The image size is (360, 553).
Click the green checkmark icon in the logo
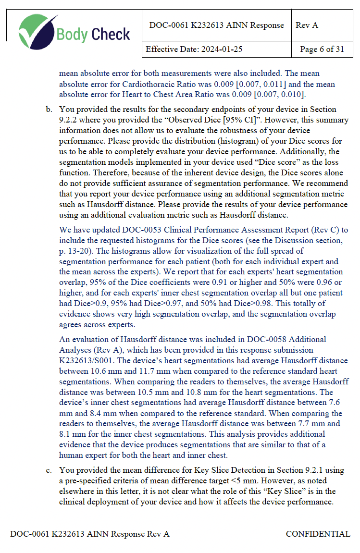click(38, 31)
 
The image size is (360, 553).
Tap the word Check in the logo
click(111, 34)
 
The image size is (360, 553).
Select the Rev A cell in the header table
click(307, 25)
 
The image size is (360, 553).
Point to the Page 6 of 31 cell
click(322, 49)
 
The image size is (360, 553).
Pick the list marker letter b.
click(49, 110)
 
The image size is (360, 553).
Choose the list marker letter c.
click(49, 470)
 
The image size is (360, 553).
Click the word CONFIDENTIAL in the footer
click(318, 534)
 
